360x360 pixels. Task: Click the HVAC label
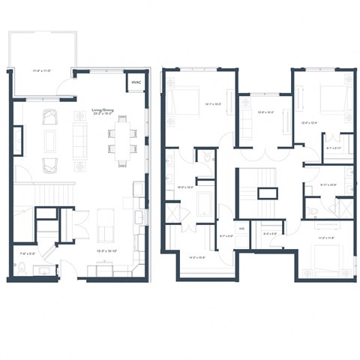(x=136, y=82)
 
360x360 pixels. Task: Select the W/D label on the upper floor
(x=242, y=228)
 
